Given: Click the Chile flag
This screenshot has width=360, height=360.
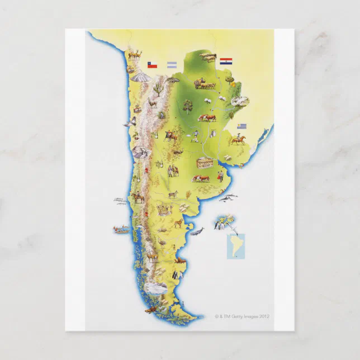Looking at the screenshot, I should (x=152, y=65).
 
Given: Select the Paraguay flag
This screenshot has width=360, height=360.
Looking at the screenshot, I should (x=225, y=61).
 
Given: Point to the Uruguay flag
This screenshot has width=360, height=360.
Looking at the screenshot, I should (x=241, y=126).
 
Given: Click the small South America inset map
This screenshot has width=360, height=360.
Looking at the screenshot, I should (x=235, y=246).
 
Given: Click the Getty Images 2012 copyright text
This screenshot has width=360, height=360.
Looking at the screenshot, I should (x=242, y=316).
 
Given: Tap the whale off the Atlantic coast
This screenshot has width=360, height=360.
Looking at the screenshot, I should (x=196, y=230).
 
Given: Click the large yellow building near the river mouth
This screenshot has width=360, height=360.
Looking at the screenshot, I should (x=204, y=163).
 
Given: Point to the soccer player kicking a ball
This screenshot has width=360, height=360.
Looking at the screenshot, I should (x=195, y=136).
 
